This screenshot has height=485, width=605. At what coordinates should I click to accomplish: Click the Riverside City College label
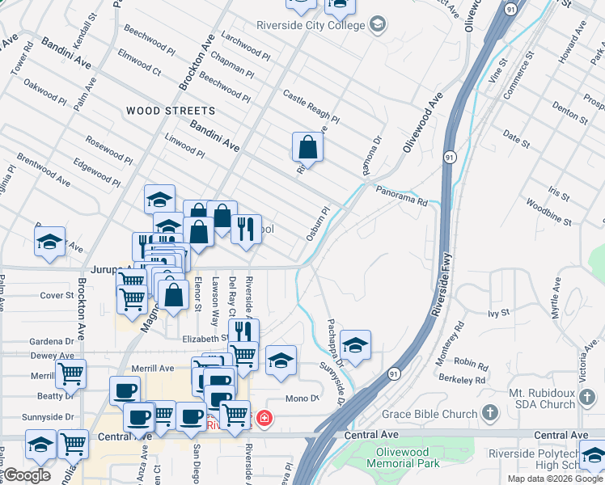click(x=311, y=24)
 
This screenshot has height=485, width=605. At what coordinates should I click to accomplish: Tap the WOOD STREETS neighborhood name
click(x=171, y=111)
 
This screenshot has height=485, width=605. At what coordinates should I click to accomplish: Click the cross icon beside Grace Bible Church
click(x=489, y=414)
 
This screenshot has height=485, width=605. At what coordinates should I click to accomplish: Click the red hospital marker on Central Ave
click(x=264, y=419)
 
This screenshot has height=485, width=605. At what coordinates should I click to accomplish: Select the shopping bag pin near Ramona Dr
click(x=307, y=147)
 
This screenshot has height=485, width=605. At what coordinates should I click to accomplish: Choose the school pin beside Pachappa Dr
click(x=355, y=344)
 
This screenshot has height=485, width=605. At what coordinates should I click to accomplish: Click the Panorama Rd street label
click(x=400, y=196)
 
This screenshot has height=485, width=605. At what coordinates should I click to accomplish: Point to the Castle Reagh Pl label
click(x=311, y=106)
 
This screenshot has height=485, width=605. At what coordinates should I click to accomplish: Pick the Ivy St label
click(x=499, y=312)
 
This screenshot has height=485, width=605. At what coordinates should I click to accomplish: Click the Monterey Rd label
click(x=459, y=337)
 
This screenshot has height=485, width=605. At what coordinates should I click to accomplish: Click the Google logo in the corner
click(x=27, y=474)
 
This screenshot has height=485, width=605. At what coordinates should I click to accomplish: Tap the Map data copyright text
click(x=555, y=479)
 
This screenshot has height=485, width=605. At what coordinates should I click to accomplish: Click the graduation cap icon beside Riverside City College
click(x=376, y=25)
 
